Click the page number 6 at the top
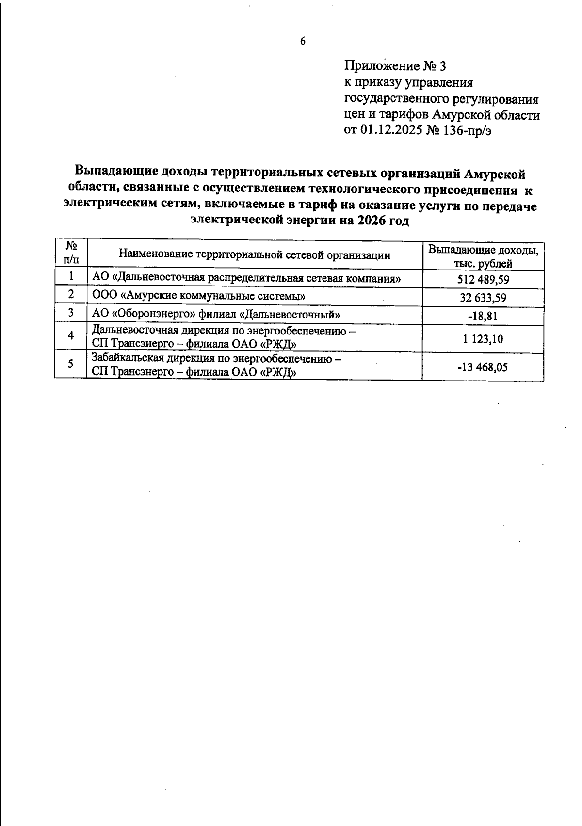(303, 41)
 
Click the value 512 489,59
(483, 280)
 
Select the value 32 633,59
(483, 298)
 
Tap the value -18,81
(483, 316)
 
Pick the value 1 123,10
(483, 339)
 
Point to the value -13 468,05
(483, 367)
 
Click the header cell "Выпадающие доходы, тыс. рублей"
(483, 257)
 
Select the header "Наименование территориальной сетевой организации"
(255, 255)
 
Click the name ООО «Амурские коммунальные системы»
(198, 295)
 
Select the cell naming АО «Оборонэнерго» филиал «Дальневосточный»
(216, 314)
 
